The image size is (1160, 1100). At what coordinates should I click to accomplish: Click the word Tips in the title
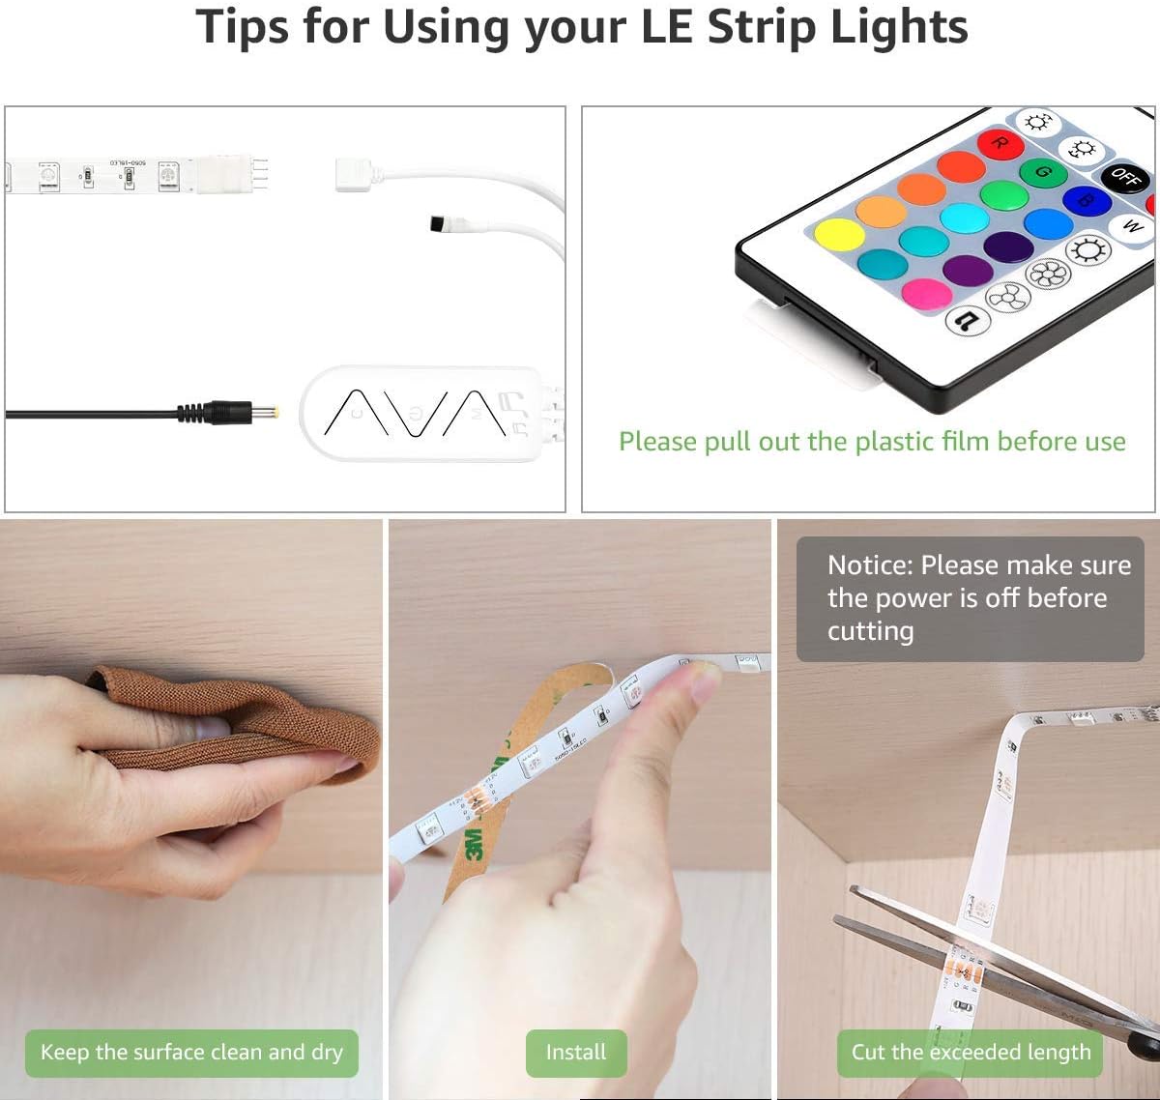coord(243,26)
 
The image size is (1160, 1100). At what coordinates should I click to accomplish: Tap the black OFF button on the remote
coord(1124,177)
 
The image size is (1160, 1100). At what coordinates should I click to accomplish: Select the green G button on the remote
coord(1043,173)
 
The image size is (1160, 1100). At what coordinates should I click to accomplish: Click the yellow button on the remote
coord(839,235)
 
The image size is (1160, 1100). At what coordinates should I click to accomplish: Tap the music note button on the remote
coord(967,319)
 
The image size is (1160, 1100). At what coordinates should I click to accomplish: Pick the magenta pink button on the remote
coord(926,293)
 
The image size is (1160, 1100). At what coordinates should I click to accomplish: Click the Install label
coord(576,1053)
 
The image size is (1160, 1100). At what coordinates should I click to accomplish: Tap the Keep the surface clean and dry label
coord(191,1053)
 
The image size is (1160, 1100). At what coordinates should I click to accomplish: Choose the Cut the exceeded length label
coord(971,1053)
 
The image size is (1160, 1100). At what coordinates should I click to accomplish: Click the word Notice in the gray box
coord(869,565)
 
